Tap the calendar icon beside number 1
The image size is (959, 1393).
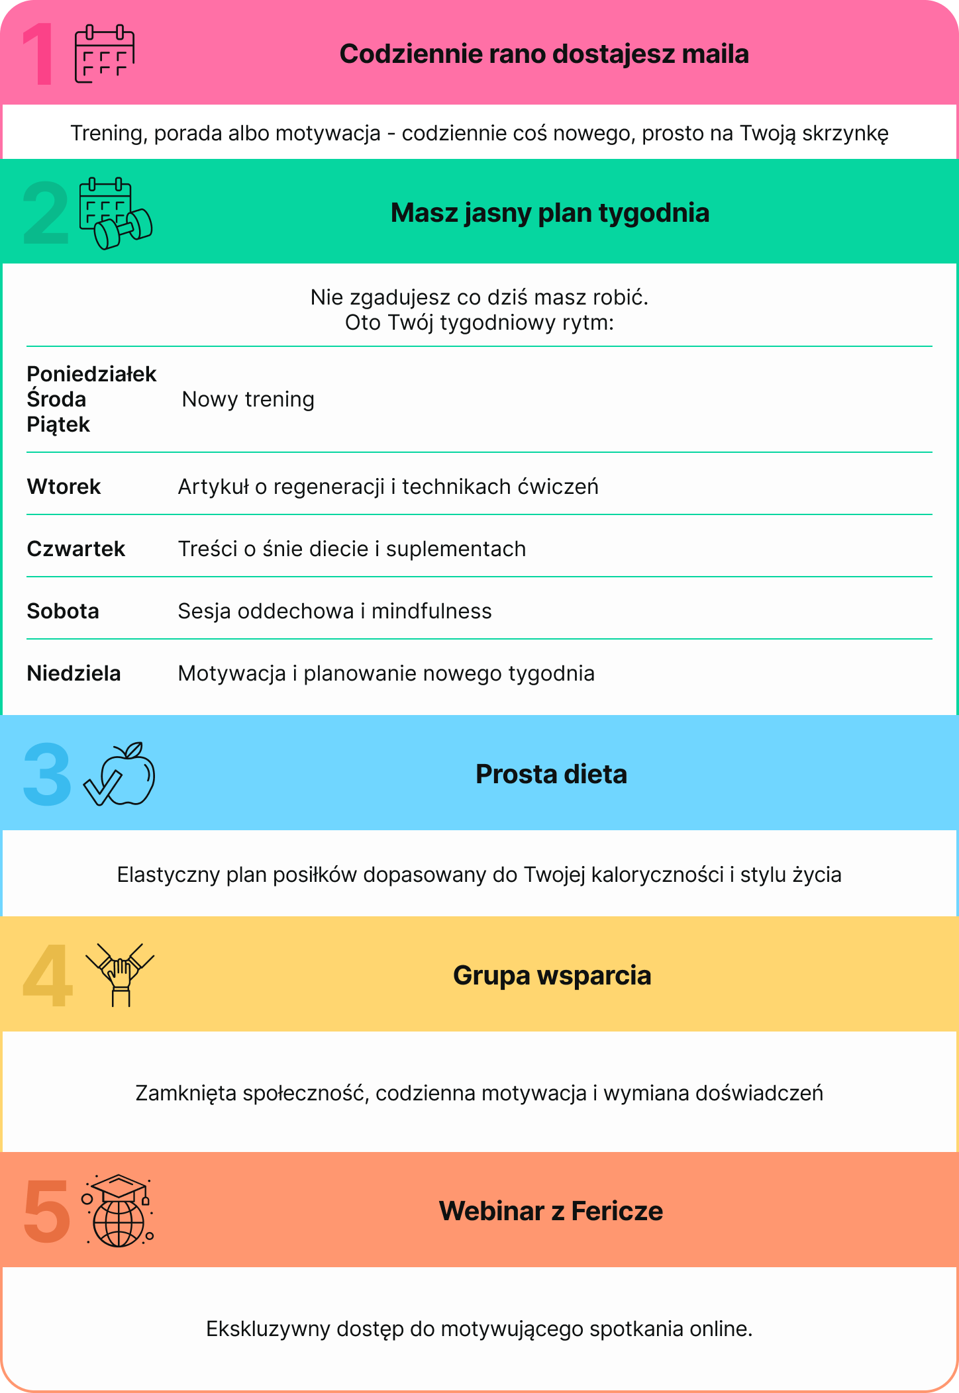104,54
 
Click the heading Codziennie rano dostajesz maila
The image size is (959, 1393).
544,54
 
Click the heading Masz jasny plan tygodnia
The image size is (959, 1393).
550,213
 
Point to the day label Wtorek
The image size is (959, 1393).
64,487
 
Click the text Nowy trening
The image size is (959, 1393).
248,399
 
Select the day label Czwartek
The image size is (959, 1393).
76,549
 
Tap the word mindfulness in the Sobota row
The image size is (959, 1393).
431,611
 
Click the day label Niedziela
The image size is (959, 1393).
74,673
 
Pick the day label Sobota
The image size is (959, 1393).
63,611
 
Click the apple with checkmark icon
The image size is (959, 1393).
120,773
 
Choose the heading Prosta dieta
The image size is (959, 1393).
551,774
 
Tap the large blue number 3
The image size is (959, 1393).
46,774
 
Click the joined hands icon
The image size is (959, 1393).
120,975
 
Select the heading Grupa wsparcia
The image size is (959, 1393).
552,975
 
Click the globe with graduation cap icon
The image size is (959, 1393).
118,1211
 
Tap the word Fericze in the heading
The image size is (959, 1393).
617,1211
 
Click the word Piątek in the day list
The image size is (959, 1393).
58,424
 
